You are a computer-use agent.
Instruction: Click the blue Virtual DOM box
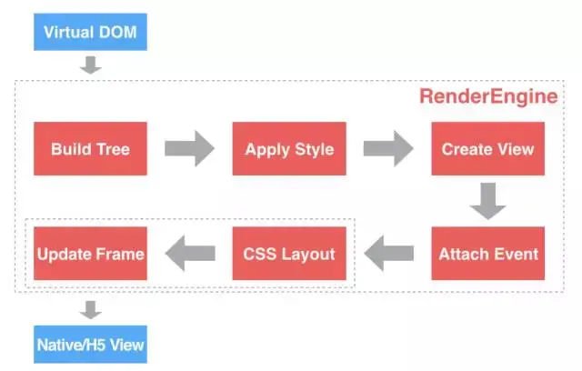tap(90, 32)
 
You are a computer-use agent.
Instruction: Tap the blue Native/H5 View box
tap(90, 345)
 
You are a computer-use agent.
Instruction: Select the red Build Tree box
tap(90, 148)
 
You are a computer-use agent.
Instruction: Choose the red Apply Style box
tap(288, 148)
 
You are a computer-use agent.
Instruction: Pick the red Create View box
tap(487, 148)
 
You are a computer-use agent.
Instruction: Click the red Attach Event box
tap(487, 254)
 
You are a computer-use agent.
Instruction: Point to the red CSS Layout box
tap(288, 254)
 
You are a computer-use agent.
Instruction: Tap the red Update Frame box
tap(90, 254)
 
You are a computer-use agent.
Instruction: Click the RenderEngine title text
tap(488, 96)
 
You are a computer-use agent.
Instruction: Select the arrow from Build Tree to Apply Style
tap(189, 148)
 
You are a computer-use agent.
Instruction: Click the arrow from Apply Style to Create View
tap(388, 148)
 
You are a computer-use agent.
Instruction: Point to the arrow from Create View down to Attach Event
tap(487, 201)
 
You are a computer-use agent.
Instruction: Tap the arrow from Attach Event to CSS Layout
tap(388, 254)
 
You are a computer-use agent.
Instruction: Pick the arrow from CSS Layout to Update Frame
tap(189, 254)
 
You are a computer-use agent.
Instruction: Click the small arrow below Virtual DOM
tap(90, 65)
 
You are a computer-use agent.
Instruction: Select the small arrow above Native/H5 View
tap(90, 310)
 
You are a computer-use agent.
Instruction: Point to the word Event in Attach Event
tap(514, 254)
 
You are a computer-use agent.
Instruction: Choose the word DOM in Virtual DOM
tap(117, 32)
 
